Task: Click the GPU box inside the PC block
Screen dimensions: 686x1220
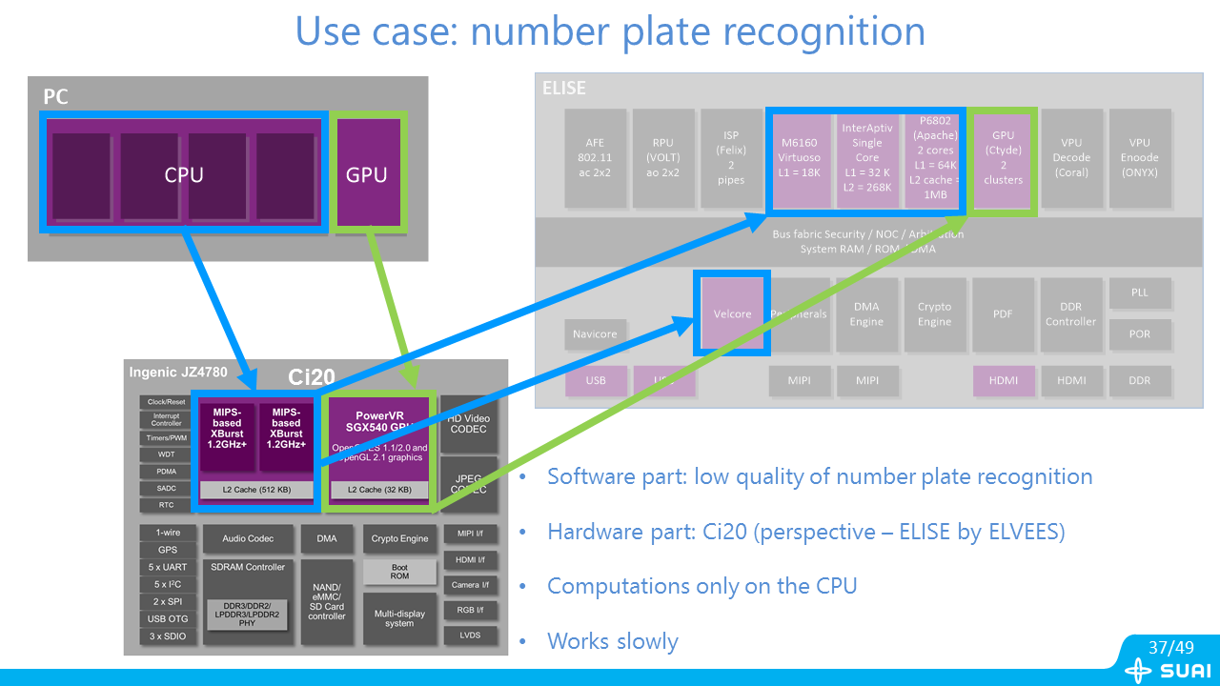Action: [367, 173]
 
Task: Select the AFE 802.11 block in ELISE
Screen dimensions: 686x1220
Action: [595, 157]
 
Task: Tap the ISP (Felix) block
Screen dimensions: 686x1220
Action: [731, 157]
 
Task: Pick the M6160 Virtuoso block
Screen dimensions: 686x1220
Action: [800, 157]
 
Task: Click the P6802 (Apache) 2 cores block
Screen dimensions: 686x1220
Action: [935, 157]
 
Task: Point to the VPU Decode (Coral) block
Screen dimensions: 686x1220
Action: [1071, 157]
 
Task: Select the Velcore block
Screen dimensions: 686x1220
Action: [732, 313]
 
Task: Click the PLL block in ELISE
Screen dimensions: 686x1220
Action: [1139, 293]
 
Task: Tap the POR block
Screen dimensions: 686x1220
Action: [1139, 333]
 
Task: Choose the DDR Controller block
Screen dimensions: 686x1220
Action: [1070, 313]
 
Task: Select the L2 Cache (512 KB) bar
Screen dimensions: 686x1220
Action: [256, 490]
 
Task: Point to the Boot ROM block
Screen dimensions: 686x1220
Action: [399, 572]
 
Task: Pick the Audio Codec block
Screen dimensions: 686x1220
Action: [248, 539]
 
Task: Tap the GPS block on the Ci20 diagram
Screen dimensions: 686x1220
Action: [167, 551]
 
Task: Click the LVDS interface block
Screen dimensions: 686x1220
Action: [470, 636]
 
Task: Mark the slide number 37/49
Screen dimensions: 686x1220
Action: [1171, 648]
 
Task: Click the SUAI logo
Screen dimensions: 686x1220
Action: [1168, 671]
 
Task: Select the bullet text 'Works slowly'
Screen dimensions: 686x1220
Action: [614, 641]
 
